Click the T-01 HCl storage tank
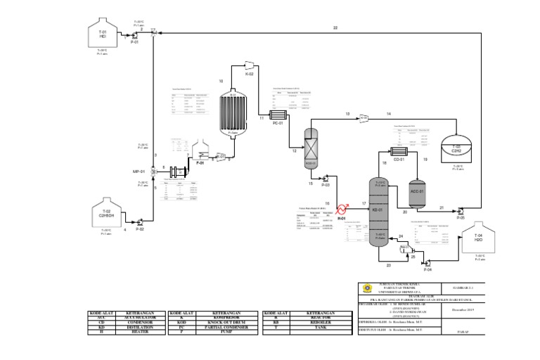(102, 34)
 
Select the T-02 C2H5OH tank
(106, 214)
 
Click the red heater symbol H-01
(343, 209)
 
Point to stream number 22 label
(335, 27)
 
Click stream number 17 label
(364, 203)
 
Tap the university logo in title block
(364, 288)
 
